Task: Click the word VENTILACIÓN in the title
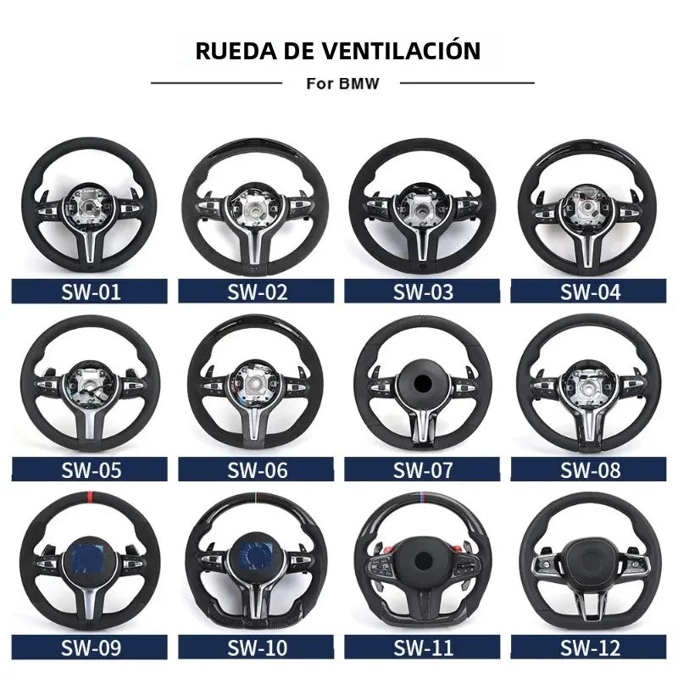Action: tap(402, 51)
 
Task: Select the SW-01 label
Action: tap(91, 292)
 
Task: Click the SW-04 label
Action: tap(590, 292)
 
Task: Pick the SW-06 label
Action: tap(258, 470)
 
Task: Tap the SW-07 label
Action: tap(423, 470)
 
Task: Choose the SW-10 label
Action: tap(258, 647)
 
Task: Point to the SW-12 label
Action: tap(590, 647)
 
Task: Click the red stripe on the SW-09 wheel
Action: tap(91, 496)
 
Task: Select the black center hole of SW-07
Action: tap(422, 383)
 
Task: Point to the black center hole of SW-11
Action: tap(423, 561)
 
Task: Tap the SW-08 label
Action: tap(590, 470)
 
